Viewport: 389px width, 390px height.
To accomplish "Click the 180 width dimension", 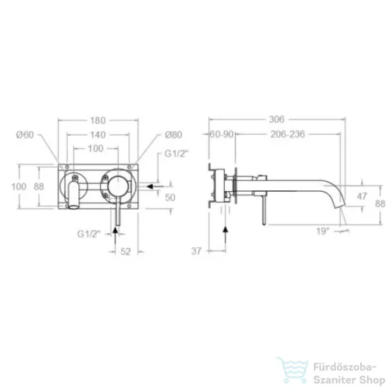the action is click(x=98, y=121).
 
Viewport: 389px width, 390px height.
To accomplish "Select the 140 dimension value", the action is click(x=98, y=135).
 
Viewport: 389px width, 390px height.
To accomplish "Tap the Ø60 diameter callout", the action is click(x=25, y=135).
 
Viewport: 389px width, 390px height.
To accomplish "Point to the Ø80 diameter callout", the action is click(x=173, y=135).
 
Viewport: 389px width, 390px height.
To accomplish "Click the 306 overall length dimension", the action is click(x=277, y=119).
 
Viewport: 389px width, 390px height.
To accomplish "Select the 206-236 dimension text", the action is click(x=287, y=134).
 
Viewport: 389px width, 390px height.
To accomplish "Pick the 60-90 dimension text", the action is click(x=222, y=134).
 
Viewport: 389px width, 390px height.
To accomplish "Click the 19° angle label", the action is click(x=323, y=231).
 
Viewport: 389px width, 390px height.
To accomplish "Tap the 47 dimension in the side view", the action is click(x=362, y=196).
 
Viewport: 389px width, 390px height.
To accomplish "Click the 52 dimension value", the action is click(x=126, y=252).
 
